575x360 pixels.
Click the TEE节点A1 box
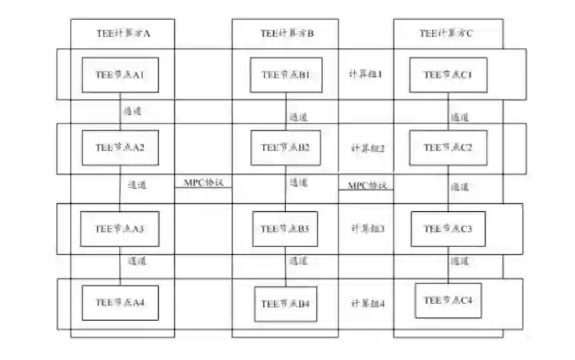120,75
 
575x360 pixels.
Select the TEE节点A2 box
120,147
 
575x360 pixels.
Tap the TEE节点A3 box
120,229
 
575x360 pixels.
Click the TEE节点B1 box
287,75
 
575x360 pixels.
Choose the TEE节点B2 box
287,147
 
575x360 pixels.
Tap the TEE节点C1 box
449,75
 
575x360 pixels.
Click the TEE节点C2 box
449,147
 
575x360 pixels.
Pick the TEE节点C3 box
449,229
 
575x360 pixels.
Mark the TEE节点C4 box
449,301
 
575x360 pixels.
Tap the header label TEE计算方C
447,33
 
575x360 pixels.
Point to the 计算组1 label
366,74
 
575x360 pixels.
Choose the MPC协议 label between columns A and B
203,182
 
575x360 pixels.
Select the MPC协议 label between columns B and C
367,185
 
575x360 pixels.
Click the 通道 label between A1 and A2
132,112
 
